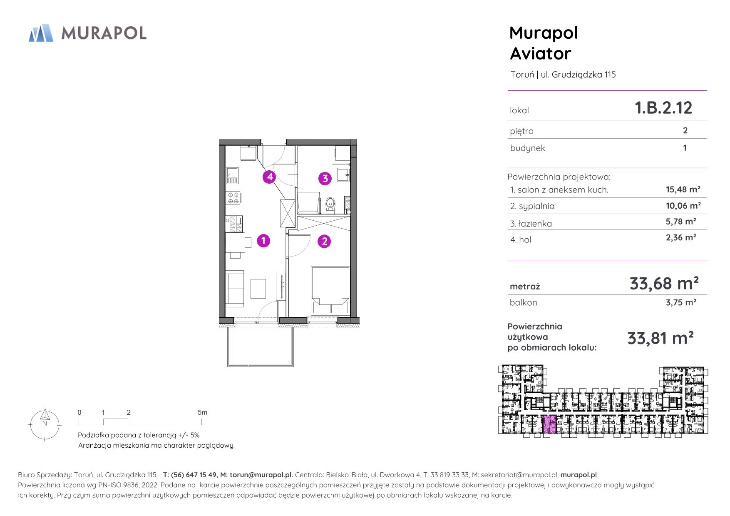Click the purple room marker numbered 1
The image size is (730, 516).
(x=263, y=240)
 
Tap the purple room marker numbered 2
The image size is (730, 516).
(x=324, y=241)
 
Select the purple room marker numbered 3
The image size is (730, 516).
(x=325, y=179)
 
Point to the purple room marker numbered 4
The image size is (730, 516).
(x=270, y=177)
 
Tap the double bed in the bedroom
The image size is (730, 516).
(x=330, y=290)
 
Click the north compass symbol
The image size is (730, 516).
(x=45, y=424)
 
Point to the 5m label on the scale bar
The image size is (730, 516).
(x=202, y=412)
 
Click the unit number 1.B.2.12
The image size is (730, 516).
(x=663, y=108)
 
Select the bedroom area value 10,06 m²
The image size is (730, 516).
(x=683, y=205)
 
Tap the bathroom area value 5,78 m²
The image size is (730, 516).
(x=680, y=222)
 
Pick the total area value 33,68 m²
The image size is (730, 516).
(x=664, y=283)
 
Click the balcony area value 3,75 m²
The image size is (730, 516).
(x=680, y=302)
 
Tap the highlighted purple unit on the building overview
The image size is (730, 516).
(x=549, y=424)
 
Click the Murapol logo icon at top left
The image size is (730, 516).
(x=41, y=33)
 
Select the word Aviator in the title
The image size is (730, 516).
(x=541, y=54)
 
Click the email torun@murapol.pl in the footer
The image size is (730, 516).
(x=261, y=475)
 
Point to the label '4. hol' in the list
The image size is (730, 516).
(x=521, y=239)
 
